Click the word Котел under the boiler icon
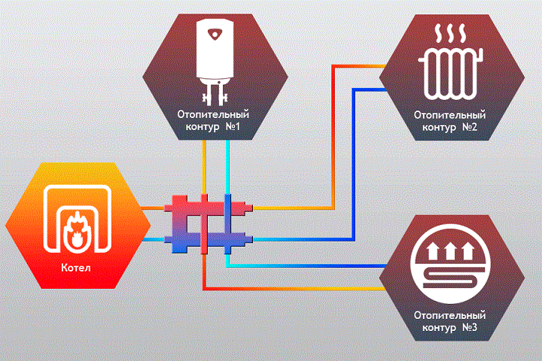click(76, 268)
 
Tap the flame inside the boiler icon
click(77, 230)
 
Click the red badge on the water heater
click(215, 34)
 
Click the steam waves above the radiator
click(450, 33)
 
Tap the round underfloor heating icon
click(450, 264)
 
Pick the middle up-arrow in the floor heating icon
click(450, 250)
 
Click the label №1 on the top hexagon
click(233, 126)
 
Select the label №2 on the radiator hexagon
click(470, 127)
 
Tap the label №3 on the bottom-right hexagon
click(470, 327)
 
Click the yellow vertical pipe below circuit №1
click(204, 167)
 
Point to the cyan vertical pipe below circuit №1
click(227, 167)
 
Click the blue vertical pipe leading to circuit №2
click(354, 165)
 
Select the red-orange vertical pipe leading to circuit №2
click(333, 137)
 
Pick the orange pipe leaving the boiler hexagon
click(152, 208)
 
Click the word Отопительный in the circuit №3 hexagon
click(449, 315)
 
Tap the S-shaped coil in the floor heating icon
click(450, 277)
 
